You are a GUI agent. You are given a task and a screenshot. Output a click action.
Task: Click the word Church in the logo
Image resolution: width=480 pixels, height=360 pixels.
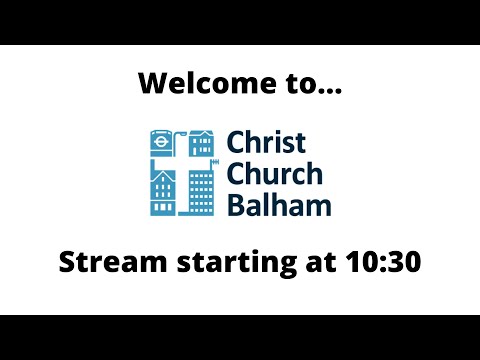pyautogui.click(x=274, y=174)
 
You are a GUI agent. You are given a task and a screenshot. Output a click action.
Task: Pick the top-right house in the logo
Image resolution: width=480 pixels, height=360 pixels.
pyautogui.click(x=201, y=143)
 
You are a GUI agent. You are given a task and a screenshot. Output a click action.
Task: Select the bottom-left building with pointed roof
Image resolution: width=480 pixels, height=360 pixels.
pyautogui.click(x=161, y=192)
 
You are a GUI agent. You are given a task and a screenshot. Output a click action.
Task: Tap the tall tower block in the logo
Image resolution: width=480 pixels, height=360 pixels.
pyautogui.click(x=201, y=192)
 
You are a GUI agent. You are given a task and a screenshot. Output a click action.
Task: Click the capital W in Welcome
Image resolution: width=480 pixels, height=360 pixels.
pyautogui.click(x=153, y=82)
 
